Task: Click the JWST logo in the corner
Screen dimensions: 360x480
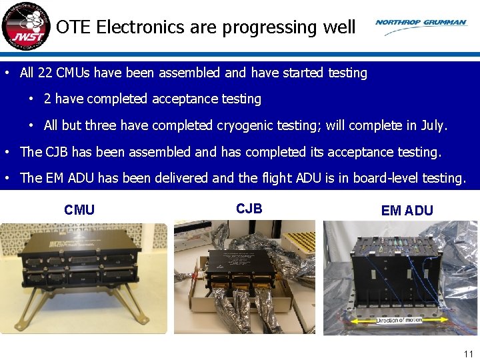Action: pyautogui.click(x=25, y=27)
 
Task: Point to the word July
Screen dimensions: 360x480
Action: pyautogui.click(x=433, y=125)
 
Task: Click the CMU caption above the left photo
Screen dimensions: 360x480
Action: pyautogui.click(x=79, y=210)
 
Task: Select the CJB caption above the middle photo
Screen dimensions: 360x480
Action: pyautogui.click(x=249, y=208)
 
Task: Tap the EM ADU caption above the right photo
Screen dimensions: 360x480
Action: pyautogui.click(x=407, y=211)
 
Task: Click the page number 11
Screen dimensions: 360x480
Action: pyautogui.click(x=468, y=354)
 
